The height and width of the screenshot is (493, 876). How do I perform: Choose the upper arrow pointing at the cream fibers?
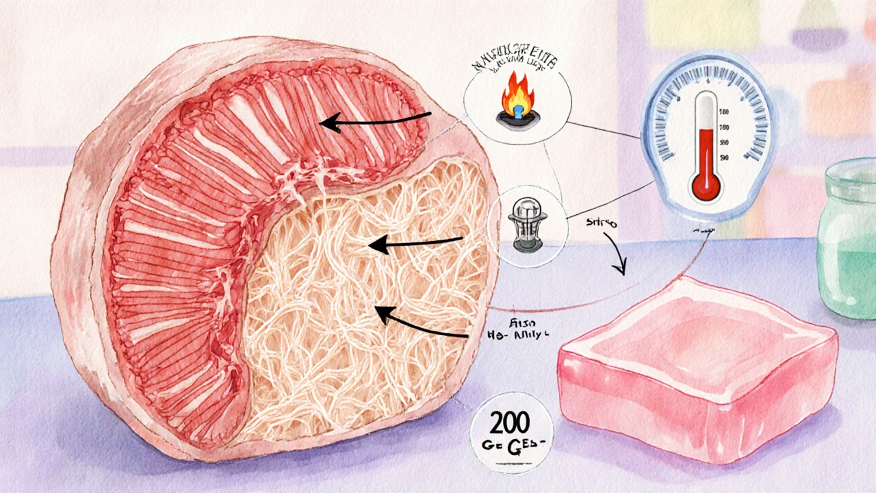pyautogui.click(x=415, y=241)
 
